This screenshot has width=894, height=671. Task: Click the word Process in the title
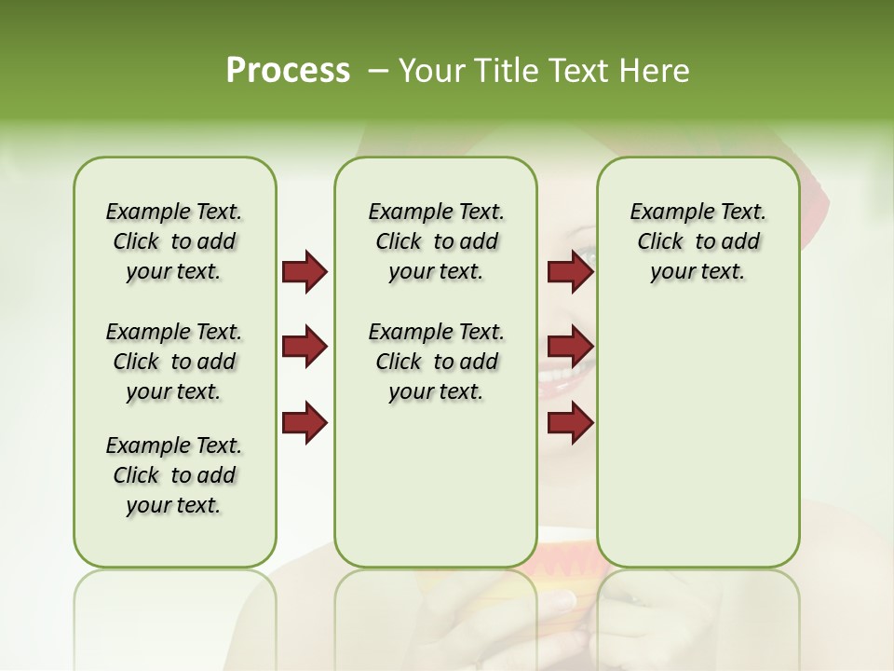click(x=288, y=71)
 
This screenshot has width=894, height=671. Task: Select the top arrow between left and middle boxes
click(x=305, y=272)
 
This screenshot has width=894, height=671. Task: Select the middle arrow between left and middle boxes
click(x=305, y=347)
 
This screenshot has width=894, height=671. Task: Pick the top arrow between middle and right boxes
click(x=570, y=272)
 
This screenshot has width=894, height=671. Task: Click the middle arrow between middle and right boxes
click(x=570, y=347)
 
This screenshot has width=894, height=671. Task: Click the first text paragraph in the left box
click(x=174, y=241)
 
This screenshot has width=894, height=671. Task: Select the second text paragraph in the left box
click(x=174, y=362)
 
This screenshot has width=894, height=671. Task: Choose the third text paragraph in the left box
click(x=174, y=475)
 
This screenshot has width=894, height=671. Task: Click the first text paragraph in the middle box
click(x=436, y=241)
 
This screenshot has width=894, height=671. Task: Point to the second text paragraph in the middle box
click(x=436, y=362)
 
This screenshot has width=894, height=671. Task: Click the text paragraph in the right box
click(x=698, y=241)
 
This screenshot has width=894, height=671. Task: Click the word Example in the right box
click(x=665, y=212)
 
